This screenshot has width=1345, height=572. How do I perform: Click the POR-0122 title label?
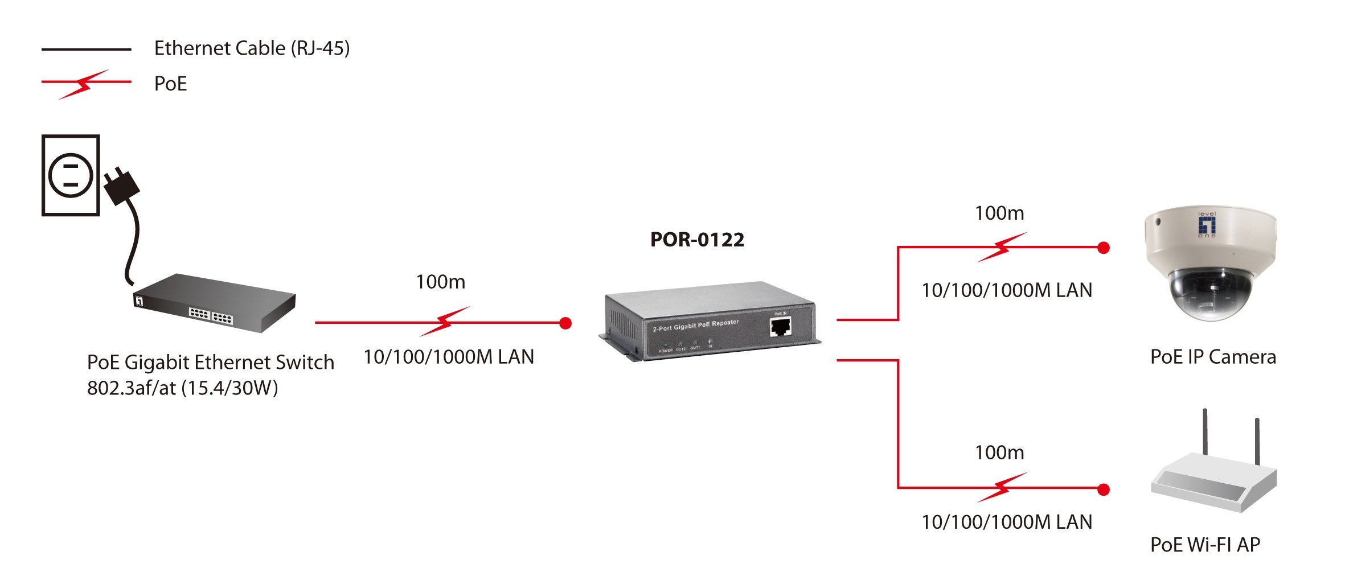click(697, 240)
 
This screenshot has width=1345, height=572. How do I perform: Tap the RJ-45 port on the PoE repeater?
click(780, 327)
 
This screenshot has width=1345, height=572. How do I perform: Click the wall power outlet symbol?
click(71, 175)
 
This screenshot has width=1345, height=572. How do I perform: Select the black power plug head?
click(120, 185)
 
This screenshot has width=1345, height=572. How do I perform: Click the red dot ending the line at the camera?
click(1104, 248)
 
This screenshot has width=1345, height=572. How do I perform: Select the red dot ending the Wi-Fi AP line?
click(1104, 489)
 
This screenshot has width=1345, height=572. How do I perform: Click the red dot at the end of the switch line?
click(565, 323)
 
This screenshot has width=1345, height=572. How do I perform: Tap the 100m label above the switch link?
click(440, 282)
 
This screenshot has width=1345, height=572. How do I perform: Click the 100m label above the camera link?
click(999, 213)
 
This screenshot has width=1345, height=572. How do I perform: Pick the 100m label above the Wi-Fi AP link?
click(999, 453)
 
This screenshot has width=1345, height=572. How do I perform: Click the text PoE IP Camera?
click(1213, 357)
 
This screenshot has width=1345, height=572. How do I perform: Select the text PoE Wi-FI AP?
click(1205, 545)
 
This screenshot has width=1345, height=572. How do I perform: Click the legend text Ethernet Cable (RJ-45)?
click(252, 48)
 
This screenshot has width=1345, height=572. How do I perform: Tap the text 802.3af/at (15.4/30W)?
click(182, 388)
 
